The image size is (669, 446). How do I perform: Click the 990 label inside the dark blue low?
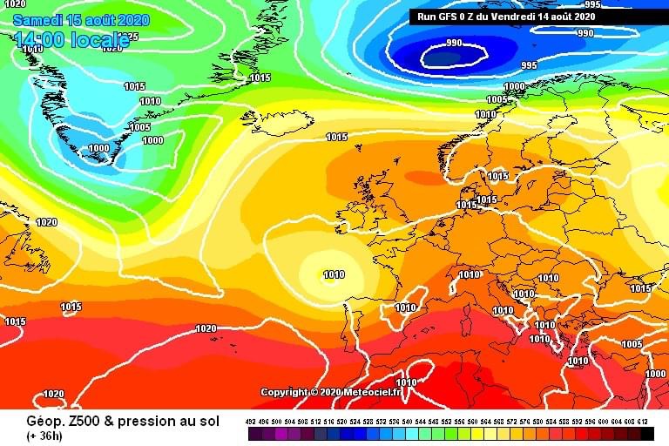click(x=454, y=43)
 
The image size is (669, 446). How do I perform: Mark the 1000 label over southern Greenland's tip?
click(x=99, y=148)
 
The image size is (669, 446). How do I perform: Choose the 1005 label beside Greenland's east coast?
click(x=139, y=127)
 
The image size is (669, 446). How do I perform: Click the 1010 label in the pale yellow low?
click(x=334, y=275)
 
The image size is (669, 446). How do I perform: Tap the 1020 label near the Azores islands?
click(x=206, y=328)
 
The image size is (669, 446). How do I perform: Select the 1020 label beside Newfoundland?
click(x=46, y=223)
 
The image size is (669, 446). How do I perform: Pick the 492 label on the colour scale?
click(x=251, y=422)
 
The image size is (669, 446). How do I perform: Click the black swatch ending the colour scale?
click(x=646, y=433)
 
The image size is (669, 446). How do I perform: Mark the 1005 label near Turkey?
click(x=632, y=344)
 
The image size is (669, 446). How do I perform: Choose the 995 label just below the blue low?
click(x=529, y=65)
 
